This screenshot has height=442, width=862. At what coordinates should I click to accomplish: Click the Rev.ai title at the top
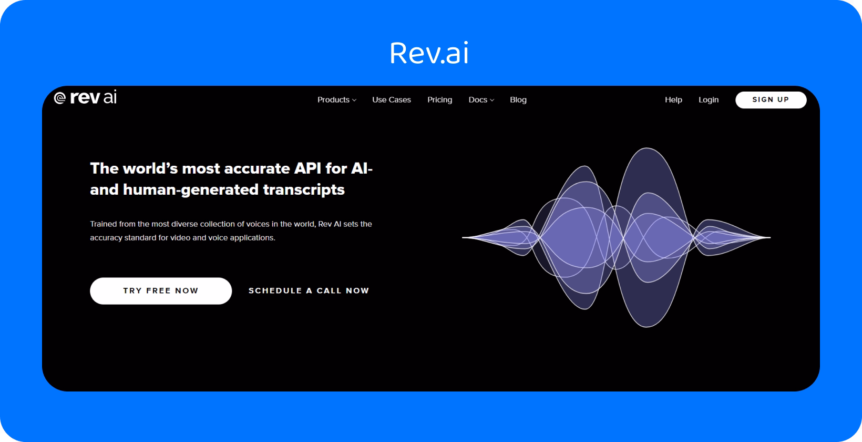tap(429, 53)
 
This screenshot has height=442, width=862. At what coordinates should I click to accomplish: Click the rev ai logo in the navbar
tap(86, 98)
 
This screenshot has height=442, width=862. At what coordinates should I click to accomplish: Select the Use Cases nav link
tap(392, 99)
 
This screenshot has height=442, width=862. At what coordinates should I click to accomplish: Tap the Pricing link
tap(439, 99)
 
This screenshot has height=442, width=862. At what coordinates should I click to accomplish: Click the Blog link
tap(518, 99)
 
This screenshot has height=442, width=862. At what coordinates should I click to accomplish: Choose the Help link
tap(673, 99)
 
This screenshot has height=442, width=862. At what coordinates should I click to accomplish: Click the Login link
tap(708, 99)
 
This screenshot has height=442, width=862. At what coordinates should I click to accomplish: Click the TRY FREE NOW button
tap(161, 291)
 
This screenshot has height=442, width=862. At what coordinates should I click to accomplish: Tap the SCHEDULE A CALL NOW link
tap(309, 290)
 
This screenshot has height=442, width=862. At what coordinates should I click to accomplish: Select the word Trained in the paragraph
tap(103, 224)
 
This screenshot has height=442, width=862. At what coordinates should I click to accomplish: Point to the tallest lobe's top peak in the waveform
tap(646, 149)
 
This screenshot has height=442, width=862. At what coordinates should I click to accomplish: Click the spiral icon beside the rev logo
tap(60, 98)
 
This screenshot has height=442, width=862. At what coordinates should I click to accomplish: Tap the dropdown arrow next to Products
tap(354, 100)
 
